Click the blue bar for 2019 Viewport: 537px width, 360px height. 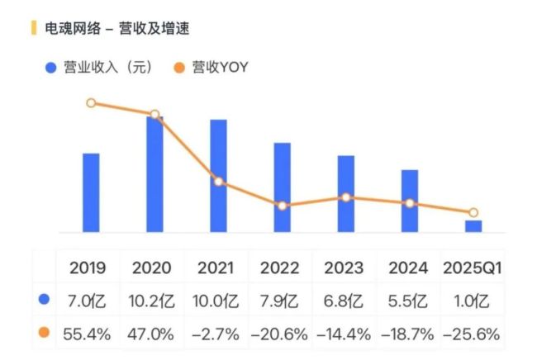91,192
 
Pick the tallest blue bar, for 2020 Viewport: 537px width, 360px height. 154,174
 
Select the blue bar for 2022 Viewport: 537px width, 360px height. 283,187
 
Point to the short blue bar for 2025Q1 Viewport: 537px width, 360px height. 473,225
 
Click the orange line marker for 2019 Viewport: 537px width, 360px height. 91,103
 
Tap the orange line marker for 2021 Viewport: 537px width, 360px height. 218,182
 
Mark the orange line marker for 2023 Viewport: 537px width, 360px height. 346,197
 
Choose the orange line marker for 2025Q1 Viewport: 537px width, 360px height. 473,212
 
